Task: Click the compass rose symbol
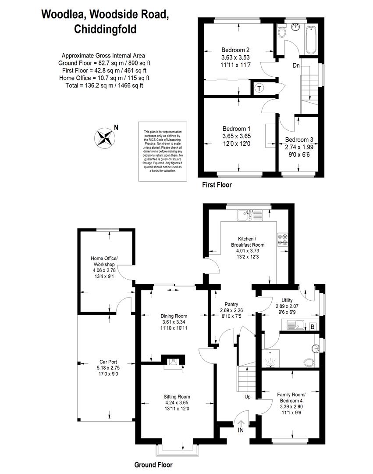(105, 138)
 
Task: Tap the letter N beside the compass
(116, 128)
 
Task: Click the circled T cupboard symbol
(259, 88)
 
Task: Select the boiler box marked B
(313, 327)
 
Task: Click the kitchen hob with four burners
(282, 240)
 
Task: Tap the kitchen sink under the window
(250, 215)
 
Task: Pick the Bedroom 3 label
(299, 140)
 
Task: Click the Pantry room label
(231, 305)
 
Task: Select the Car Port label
(108, 362)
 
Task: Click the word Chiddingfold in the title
(105, 29)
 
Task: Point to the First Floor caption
(217, 185)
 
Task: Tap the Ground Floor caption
(153, 465)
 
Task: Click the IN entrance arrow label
(241, 430)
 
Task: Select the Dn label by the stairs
(296, 65)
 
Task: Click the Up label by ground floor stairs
(248, 397)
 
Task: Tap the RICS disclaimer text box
(163, 151)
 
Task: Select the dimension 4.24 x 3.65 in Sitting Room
(177, 402)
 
